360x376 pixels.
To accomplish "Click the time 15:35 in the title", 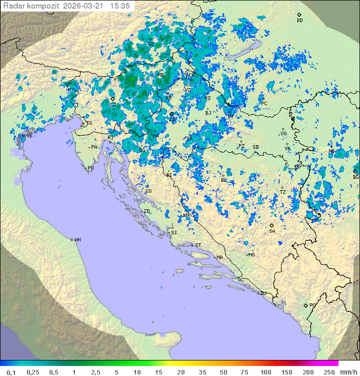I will (x=120, y=6).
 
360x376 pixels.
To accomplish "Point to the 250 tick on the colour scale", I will (x=329, y=372).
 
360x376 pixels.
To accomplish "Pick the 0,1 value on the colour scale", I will (x=11, y=372).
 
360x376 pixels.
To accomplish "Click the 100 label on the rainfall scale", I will (x=265, y=372).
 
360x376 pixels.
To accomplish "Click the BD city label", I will (x=299, y=21).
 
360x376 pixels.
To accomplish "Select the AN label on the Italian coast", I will (x=77, y=240).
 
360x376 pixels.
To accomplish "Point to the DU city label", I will (x=262, y=293).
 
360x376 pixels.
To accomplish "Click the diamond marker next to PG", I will (x=305, y=305).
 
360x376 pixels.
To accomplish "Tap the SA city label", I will (x=272, y=231).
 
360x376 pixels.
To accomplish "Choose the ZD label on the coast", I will (x=146, y=211).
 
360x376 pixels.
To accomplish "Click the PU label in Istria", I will (x=90, y=168).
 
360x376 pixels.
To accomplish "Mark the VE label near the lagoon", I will (x=29, y=136).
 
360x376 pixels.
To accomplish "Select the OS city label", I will (x=283, y=134).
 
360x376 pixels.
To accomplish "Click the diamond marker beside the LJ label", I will (x=113, y=99).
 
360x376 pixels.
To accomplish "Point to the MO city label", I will (x=251, y=254).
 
